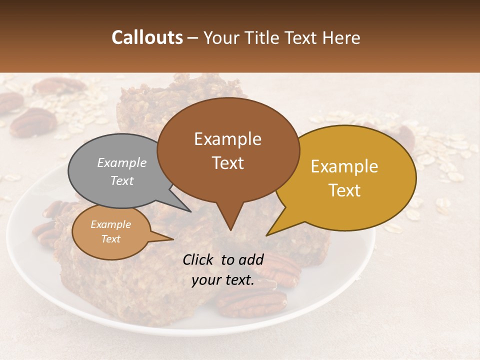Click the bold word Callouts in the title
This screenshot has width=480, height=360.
point(147,37)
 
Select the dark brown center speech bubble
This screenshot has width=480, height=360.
point(228,150)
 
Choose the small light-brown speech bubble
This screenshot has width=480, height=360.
point(110,232)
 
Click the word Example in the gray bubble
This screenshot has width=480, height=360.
point(121,163)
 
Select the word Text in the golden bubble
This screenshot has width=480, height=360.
point(344,190)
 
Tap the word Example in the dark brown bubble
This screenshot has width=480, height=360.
point(227,139)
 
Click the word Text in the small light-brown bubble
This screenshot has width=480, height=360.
point(110,239)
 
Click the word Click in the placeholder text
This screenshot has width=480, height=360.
point(198,259)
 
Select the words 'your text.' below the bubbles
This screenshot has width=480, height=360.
point(223,280)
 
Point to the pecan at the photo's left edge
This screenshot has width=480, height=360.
point(33,122)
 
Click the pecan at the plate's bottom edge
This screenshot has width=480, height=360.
point(252,302)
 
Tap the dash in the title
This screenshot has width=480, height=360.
point(192,38)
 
